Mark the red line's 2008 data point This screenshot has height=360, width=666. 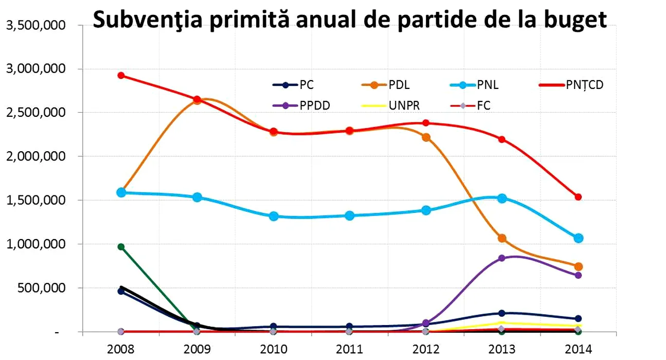121,76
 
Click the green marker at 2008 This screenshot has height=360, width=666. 121,247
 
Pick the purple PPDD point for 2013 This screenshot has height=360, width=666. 502,258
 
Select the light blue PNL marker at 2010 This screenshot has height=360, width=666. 274,217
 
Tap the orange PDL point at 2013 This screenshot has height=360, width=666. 502,238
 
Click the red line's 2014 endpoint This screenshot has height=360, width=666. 578,197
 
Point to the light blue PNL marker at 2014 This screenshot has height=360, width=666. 578,238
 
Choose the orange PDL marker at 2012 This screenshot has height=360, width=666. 426,137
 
